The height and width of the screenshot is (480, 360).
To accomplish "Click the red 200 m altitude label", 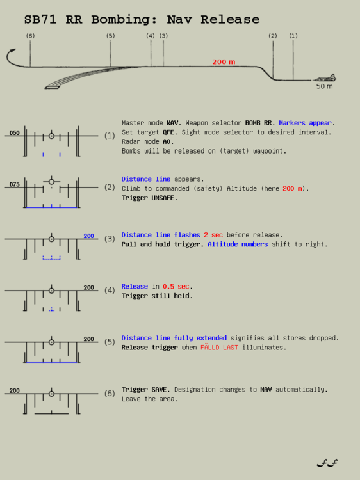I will (x=224, y=62).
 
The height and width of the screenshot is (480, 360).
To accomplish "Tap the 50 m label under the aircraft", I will (x=324, y=86).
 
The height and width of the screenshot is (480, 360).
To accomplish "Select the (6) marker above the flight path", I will (x=30, y=36).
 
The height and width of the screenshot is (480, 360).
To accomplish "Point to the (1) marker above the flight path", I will (x=293, y=36).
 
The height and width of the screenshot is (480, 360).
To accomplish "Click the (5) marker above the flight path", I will (x=110, y=36).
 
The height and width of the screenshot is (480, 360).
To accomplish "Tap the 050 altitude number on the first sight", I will (x=14, y=133).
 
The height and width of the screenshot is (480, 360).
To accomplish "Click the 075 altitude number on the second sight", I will (x=14, y=184).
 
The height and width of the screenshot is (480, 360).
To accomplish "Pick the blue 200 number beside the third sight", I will (x=88, y=236).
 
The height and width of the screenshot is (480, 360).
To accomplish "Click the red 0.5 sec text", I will (x=177, y=287).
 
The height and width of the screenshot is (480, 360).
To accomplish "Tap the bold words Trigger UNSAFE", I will (x=150, y=198).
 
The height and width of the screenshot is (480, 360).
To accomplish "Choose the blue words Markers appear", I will (x=307, y=123).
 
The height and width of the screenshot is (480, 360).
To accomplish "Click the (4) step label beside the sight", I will (x=110, y=290).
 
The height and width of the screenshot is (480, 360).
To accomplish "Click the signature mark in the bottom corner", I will (x=327, y=463).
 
